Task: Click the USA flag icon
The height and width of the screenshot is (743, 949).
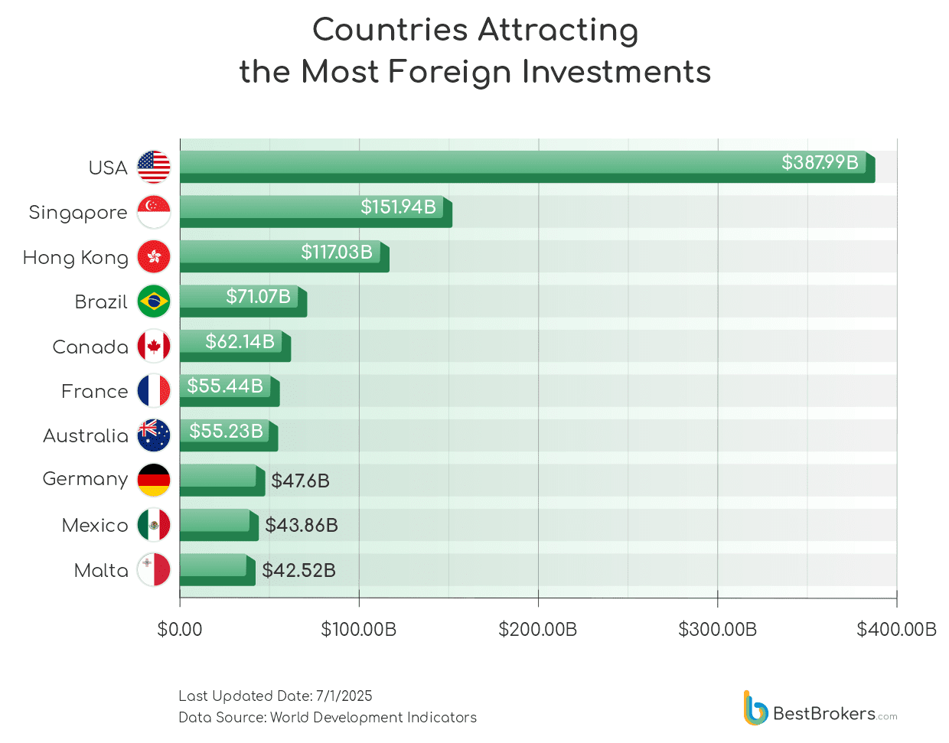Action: point(154,167)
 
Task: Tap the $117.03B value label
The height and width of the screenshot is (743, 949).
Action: point(337,252)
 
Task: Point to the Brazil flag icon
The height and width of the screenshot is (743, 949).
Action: point(154,301)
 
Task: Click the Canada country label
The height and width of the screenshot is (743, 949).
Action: point(90,347)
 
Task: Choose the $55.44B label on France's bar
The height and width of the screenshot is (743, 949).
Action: point(225,386)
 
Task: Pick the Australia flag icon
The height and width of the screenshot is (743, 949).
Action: point(154,435)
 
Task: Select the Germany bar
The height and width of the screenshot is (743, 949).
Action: point(222,481)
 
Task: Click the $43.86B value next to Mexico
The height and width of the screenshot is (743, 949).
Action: point(302,525)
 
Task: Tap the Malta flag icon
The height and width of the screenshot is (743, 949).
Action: point(154,570)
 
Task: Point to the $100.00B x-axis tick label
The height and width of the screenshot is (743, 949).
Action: point(359,630)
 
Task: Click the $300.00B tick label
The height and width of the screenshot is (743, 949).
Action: point(718,630)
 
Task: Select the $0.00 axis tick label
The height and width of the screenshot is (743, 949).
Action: point(180,630)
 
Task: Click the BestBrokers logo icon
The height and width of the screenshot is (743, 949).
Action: point(755,709)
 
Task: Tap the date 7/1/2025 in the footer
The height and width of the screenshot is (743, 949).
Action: point(344,696)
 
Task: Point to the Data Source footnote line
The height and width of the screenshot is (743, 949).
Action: point(328,717)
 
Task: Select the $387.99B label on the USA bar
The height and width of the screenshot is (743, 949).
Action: point(820,162)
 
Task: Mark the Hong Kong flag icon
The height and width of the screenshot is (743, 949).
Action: point(154,257)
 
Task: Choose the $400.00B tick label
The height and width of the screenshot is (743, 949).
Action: point(896,630)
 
